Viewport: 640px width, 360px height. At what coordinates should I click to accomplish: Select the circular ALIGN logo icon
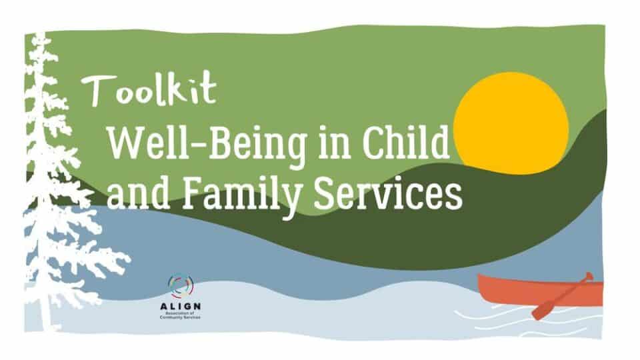(x=181, y=286)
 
